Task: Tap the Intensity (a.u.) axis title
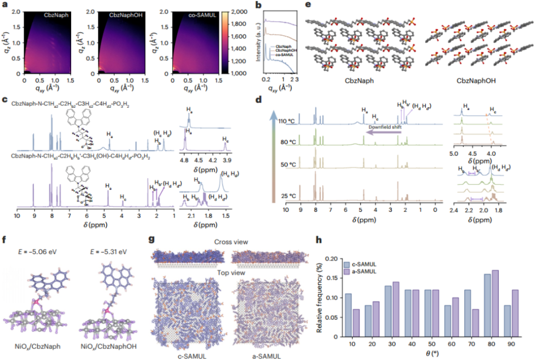point(258,45)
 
